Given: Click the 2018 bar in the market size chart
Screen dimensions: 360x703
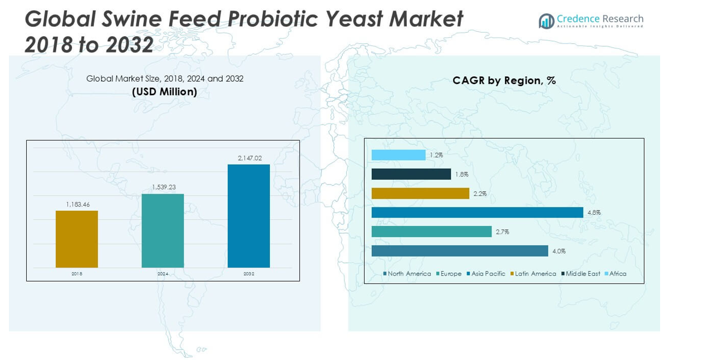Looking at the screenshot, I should tap(77, 239).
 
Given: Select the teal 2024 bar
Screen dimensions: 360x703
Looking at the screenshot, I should tap(163, 230).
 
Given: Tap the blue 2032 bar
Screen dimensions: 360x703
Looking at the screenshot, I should tap(249, 216).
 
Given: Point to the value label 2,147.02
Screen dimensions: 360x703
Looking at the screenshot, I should tap(249, 159).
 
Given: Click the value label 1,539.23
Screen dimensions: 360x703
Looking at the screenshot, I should tap(164, 188).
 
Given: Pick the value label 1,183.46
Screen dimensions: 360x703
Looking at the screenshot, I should tap(77, 205).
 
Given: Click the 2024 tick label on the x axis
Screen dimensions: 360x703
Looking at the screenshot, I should tap(163, 274).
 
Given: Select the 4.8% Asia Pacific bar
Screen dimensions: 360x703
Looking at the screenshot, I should tap(477, 213).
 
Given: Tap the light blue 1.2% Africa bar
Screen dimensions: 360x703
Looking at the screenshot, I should tap(399, 155).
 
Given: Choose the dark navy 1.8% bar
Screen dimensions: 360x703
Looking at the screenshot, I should tap(411, 174).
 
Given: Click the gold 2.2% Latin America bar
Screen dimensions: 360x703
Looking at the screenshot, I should tap(420, 193).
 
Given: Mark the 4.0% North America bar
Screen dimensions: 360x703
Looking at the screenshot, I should tap(460, 251).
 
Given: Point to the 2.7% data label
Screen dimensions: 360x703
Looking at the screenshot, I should tap(503, 232).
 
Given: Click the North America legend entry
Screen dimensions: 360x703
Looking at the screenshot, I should tap(407, 274).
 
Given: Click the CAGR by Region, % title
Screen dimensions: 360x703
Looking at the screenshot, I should tap(504, 81).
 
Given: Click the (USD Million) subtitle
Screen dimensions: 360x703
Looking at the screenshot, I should tap(164, 92).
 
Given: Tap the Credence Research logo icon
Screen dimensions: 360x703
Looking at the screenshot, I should tap(546, 21).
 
